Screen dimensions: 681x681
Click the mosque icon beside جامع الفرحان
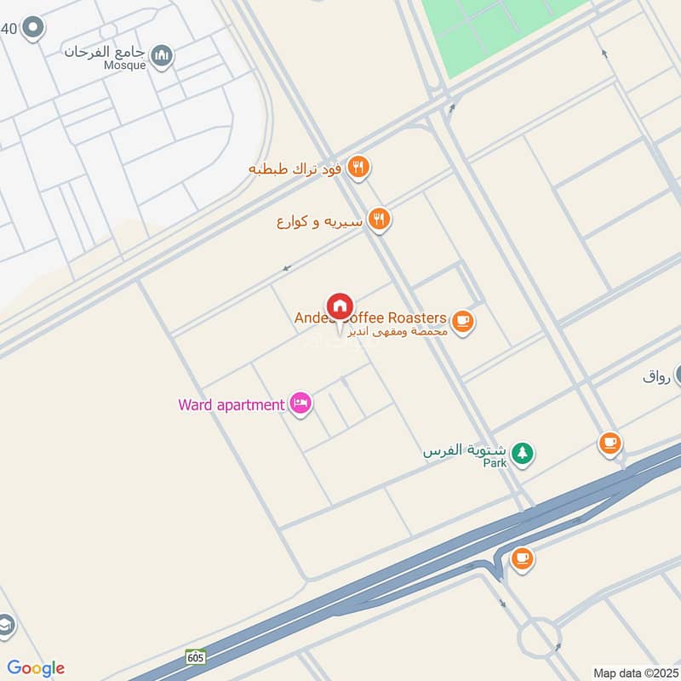(162, 57)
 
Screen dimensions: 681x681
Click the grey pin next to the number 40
(33, 28)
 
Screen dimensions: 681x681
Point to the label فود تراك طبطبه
(295, 169)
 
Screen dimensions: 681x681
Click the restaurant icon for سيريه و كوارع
(380, 220)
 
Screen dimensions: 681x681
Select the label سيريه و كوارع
(320, 221)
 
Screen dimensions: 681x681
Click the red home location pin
(339, 307)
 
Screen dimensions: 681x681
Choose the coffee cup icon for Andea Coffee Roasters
(462, 322)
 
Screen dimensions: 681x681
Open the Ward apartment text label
(231, 404)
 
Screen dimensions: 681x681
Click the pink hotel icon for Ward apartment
(300, 403)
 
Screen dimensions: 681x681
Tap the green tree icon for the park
(522, 453)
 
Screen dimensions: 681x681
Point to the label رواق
(656, 375)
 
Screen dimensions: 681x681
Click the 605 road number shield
(196, 656)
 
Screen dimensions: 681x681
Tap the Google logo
(36, 668)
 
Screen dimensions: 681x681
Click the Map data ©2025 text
(633, 672)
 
